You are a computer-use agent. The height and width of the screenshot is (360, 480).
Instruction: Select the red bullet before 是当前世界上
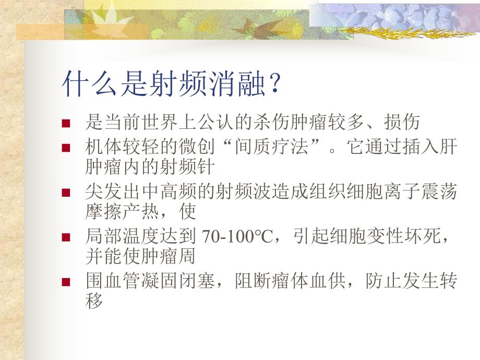[x=66, y=124]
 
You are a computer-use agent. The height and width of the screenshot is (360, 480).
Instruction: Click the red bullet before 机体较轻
[x=66, y=148]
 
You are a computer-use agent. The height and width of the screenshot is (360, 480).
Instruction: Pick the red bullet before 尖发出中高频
[x=66, y=193]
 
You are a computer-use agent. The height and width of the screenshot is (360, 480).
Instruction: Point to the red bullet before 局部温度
[x=66, y=237]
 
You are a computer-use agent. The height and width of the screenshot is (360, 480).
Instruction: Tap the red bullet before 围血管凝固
[x=66, y=282]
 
